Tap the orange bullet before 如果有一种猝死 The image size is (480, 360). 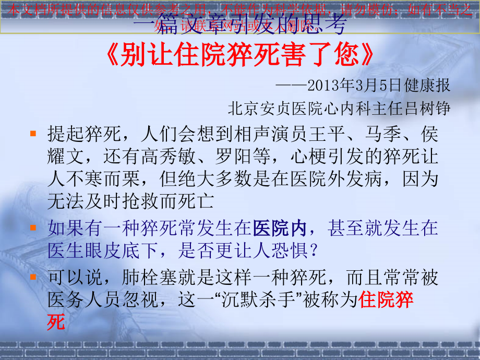coord(33,227)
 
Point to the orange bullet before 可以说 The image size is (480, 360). coord(33,276)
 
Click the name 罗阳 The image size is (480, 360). coord(240,157)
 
